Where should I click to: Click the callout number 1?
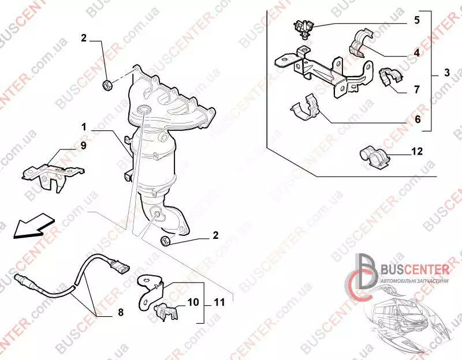84,127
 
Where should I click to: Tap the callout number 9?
83,145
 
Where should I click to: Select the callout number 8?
121,312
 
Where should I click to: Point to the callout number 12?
417,151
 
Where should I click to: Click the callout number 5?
416,20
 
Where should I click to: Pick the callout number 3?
447,72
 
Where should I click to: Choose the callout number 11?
219,302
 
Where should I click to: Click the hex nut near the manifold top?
107,85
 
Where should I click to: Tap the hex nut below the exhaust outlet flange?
165,241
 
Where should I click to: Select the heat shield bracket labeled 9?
53,178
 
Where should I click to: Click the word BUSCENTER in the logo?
415,269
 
